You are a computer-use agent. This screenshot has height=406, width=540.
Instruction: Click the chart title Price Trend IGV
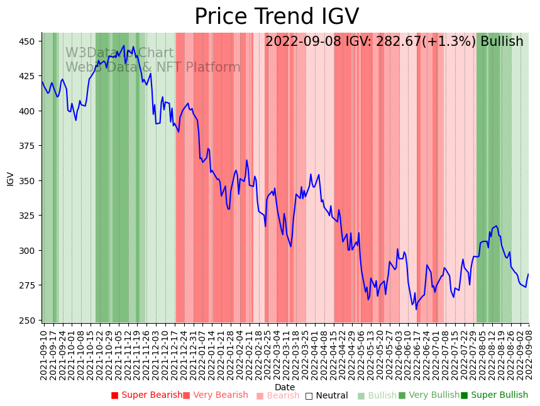(277, 17)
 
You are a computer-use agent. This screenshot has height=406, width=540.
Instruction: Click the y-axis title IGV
(10, 178)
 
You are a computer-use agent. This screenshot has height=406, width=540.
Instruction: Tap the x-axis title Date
(285, 387)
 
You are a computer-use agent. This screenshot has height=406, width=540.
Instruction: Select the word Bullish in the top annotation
(502, 42)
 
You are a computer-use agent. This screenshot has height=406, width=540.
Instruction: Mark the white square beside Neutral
(309, 396)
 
